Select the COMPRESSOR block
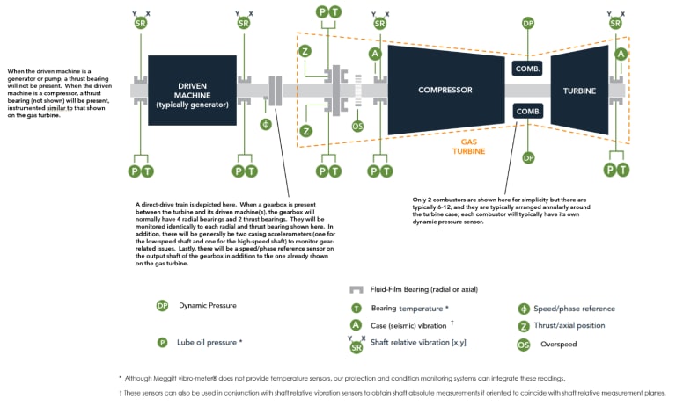click(x=445, y=90)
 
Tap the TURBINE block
click(x=580, y=90)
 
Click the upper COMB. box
click(x=528, y=68)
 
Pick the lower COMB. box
click(x=528, y=111)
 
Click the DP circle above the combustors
click(x=528, y=23)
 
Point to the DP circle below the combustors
click(x=528, y=158)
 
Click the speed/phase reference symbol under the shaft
click(x=266, y=124)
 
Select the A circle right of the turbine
click(x=621, y=54)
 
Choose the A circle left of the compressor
click(x=375, y=54)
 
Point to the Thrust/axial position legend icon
click(x=524, y=326)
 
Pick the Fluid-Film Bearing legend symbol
click(x=356, y=289)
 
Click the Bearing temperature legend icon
click(x=356, y=309)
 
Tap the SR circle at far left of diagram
click(x=141, y=23)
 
